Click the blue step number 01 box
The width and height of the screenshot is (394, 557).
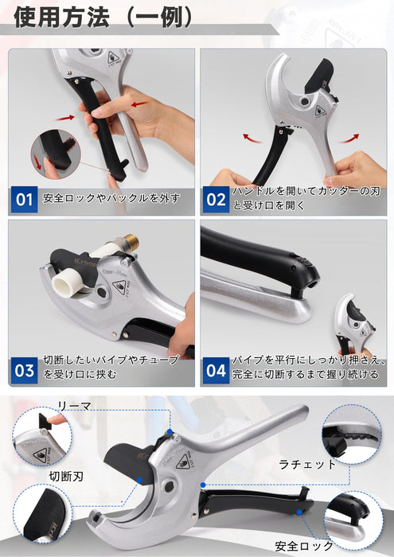[24, 199]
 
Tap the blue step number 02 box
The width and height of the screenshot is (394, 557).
[216, 199]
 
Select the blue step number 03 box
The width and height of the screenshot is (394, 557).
[24, 371]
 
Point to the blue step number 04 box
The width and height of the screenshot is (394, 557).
[216, 371]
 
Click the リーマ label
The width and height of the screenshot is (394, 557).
[74, 407]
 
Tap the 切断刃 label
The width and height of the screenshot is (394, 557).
[66, 477]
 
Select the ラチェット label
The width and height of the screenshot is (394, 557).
[307, 464]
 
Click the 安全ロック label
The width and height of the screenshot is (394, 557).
[304, 546]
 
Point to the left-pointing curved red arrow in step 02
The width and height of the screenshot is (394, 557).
[252, 138]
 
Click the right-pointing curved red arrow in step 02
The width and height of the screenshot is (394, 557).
[349, 138]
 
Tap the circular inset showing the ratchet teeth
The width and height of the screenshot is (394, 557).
[352, 434]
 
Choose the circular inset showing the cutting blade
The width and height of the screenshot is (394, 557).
[43, 514]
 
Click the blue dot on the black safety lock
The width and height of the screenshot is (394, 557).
[299, 512]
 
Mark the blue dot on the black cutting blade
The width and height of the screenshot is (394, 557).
[139, 480]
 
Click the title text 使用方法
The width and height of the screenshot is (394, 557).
[61, 18]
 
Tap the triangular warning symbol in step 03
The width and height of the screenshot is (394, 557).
[119, 286]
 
